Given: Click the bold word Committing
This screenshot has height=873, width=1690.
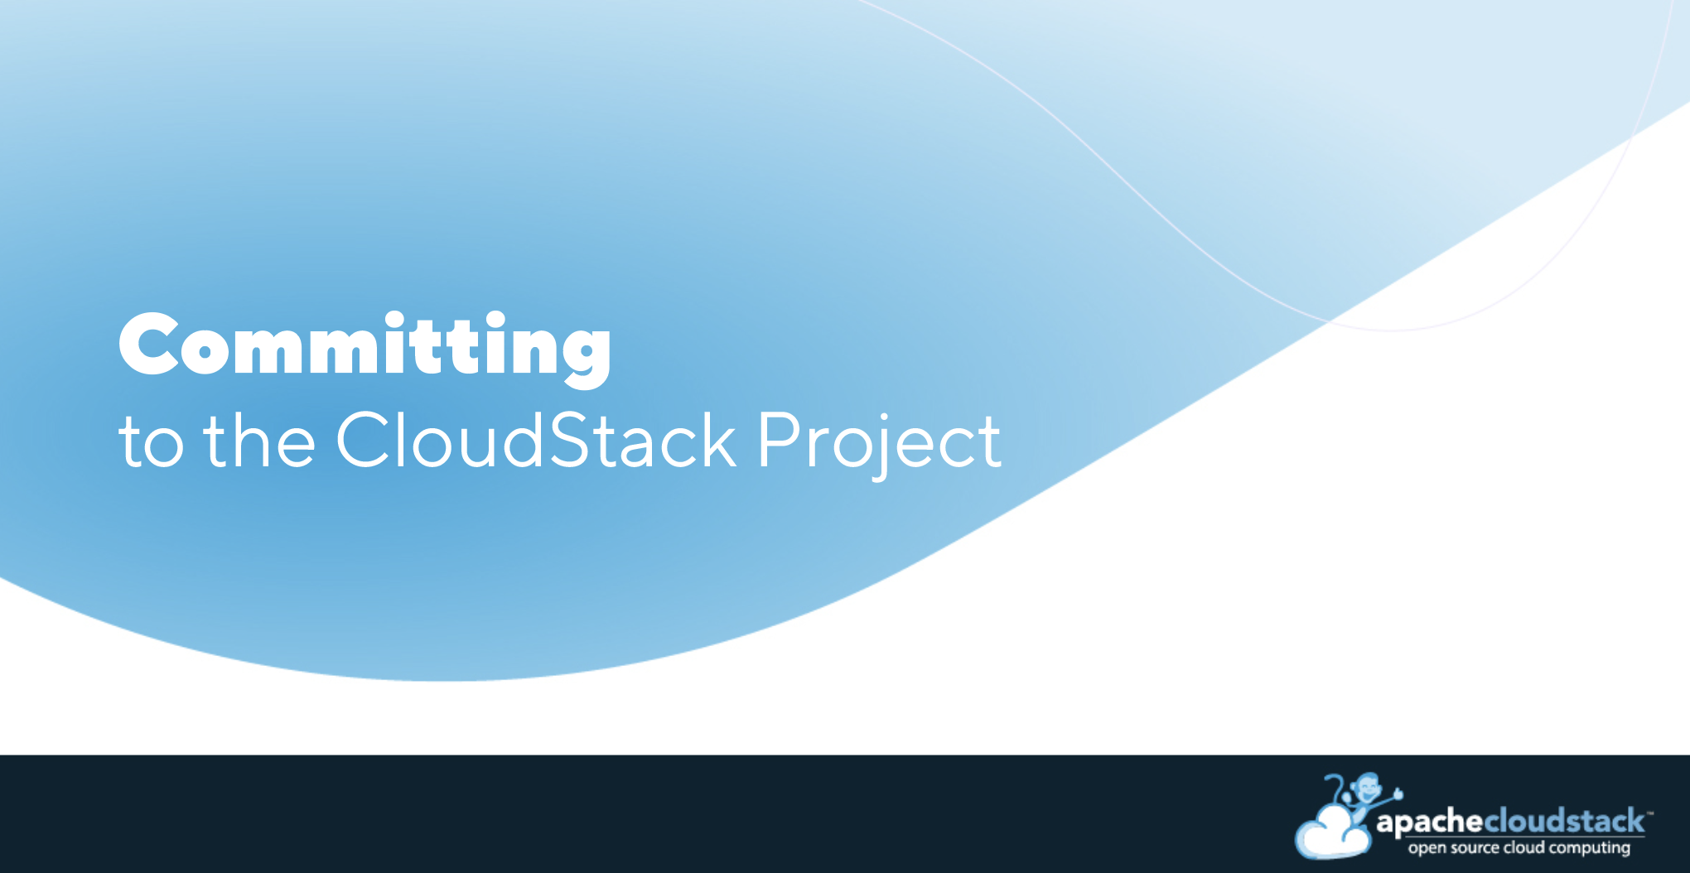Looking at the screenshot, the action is coord(365,348).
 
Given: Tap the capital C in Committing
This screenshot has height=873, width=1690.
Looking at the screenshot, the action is coord(149,344).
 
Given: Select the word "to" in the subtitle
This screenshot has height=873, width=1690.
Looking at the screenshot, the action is coord(151,443).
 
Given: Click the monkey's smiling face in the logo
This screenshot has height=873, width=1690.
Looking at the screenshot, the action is coord(1367,787).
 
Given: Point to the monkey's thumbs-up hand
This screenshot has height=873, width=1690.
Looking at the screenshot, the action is coord(1398,793).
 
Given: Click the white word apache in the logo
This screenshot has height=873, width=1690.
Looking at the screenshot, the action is coord(1430,822).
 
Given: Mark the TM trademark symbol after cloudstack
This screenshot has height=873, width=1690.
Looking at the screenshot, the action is coord(1649,813).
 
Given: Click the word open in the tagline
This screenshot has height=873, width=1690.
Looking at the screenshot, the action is coord(1427,848).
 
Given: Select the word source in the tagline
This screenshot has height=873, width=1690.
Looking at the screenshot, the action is coord(1475,847).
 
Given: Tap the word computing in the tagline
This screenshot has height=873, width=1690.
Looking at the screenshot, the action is coord(1590,848).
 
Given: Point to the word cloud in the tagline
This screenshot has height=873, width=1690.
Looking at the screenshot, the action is coord(1524,846).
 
